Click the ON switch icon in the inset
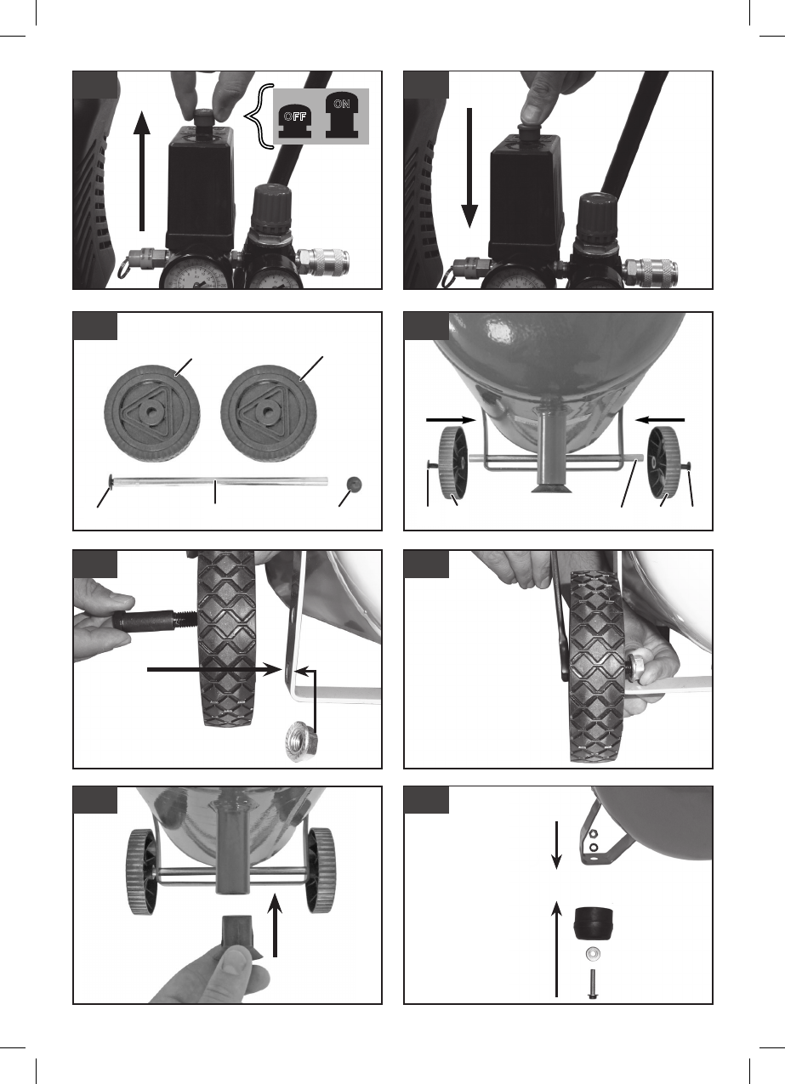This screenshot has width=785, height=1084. click(342, 116)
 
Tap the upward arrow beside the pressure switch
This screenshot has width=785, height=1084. click(141, 171)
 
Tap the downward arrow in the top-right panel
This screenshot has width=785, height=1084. click(469, 168)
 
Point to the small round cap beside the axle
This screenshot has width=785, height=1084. click(355, 484)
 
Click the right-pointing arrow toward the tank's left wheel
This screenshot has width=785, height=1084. click(451, 420)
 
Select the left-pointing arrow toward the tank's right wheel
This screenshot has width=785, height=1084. click(660, 420)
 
